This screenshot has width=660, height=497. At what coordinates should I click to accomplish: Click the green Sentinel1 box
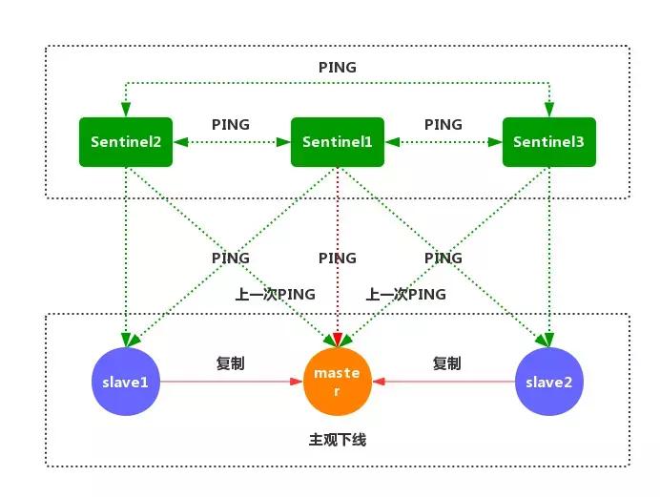pyautogui.click(x=337, y=141)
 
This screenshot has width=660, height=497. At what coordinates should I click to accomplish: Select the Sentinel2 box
pyautogui.click(x=126, y=141)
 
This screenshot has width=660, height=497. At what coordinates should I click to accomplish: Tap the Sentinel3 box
pyautogui.click(x=548, y=141)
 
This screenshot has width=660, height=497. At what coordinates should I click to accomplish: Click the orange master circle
pyautogui.click(x=337, y=382)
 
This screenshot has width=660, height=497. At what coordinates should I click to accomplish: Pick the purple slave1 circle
pyautogui.click(x=126, y=382)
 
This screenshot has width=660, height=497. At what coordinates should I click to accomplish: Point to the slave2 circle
pyautogui.click(x=548, y=382)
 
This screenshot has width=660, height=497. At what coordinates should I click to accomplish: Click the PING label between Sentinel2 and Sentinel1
pyautogui.click(x=230, y=125)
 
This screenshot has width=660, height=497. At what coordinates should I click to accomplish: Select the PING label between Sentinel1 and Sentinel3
pyautogui.click(x=443, y=125)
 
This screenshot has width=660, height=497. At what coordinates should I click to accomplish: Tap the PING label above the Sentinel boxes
pyautogui.click(x=337, y=67)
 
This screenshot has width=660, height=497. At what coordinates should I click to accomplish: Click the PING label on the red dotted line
pyautogui.click(x=337, y=258)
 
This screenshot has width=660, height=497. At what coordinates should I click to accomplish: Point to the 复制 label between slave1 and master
pyautogui.click(x=230, y=363)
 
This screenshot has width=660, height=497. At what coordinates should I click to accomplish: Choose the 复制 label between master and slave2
pyautogui.click(x=446, y=363)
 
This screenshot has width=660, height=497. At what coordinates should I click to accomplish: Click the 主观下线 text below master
pyautogui.click(x=337, y=440)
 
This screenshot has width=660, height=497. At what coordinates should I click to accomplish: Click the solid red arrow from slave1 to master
pyautogui.click(x=230, y=382)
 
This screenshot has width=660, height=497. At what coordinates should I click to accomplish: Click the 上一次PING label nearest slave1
pyautogui.click(x=275, y=294)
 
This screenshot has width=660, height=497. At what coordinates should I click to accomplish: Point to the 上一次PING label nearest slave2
pyautogui.click(x=405, y=294)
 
